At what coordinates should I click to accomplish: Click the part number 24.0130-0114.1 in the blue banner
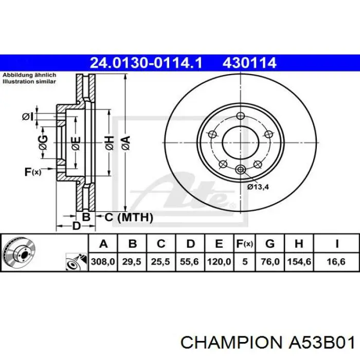[x=146, y=63]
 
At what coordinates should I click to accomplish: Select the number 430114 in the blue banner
[x=249, y=63]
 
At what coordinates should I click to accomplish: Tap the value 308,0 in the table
[x=103, y=262]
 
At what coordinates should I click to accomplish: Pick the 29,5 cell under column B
[x=132, y=262]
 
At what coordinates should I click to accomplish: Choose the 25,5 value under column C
[x=160, y=262]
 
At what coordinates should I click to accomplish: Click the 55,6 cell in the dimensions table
[x=189, y=262]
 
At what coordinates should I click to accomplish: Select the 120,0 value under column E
[x=219, y=262]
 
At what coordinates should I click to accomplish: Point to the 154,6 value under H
[x=299, y=262]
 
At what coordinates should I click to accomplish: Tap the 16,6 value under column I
[x=336, y=262]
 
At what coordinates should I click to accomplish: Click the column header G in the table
[x=270, y=244]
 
